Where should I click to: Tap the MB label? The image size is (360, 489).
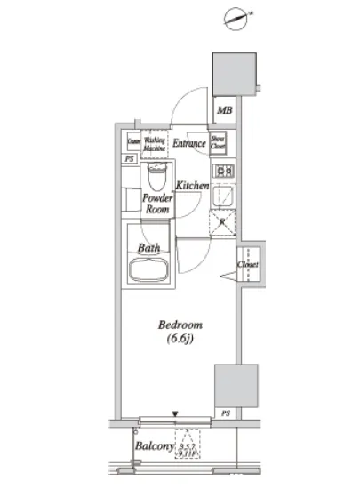pyautogui.click(x=225, y=112)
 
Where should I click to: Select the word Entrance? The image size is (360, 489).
pyautogui.click(x=188, y=143)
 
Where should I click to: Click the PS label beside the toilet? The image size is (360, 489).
pyautogui.click(x=132, y=158)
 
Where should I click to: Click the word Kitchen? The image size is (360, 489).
pyautogui.click(x=191, y=186)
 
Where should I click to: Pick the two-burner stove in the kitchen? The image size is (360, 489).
pyautogui.click(x=222, y=172)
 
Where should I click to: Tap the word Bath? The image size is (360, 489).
pyautogui.click(x=148, y=248)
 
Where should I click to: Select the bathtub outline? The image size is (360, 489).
pyautogui.click(x=152, y=270)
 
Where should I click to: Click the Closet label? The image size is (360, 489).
pyautogui.click(x=246, y=264)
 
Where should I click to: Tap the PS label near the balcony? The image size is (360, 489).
pyautogui.click(x=226, y=413)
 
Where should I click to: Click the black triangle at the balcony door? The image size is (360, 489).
pyautogui.click(x=176, y=413)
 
